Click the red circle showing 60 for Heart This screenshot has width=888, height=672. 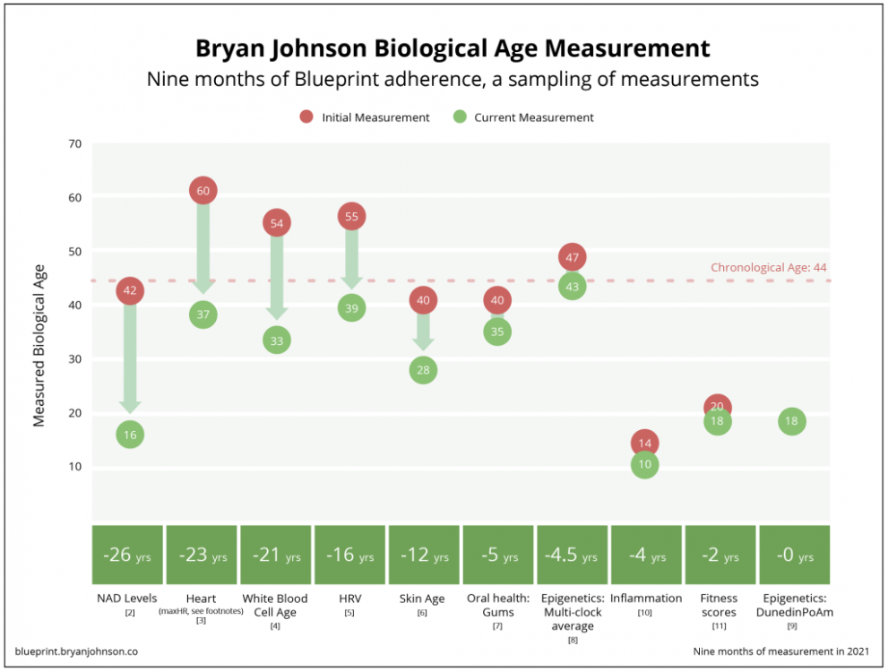(x=203, y=190)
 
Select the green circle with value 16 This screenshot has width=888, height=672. (x=130, y=435)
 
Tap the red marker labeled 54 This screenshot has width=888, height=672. (x=277, y=222)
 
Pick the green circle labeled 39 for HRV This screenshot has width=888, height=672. (x=351, y=307)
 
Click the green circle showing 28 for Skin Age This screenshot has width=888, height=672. (x=425, y=370)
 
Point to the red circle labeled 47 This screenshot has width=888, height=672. (x=573, y=257)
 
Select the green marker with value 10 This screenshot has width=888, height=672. (x=644, y=464)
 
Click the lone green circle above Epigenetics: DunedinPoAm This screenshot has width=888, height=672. (x=792, y=421)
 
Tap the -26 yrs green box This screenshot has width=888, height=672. (x=129, y=556)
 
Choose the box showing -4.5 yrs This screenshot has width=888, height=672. (x=573, y=556)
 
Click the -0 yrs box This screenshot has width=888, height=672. (x=794, y=556)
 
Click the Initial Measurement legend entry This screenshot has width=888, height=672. (x=364, y=117)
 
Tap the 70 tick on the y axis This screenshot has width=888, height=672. (x=74, y=143)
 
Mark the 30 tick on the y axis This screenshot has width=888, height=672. (x=74, y=359)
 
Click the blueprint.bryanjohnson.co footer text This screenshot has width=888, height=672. (x=77, y=650)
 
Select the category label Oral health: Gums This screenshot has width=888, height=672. (x=498, y=605)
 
